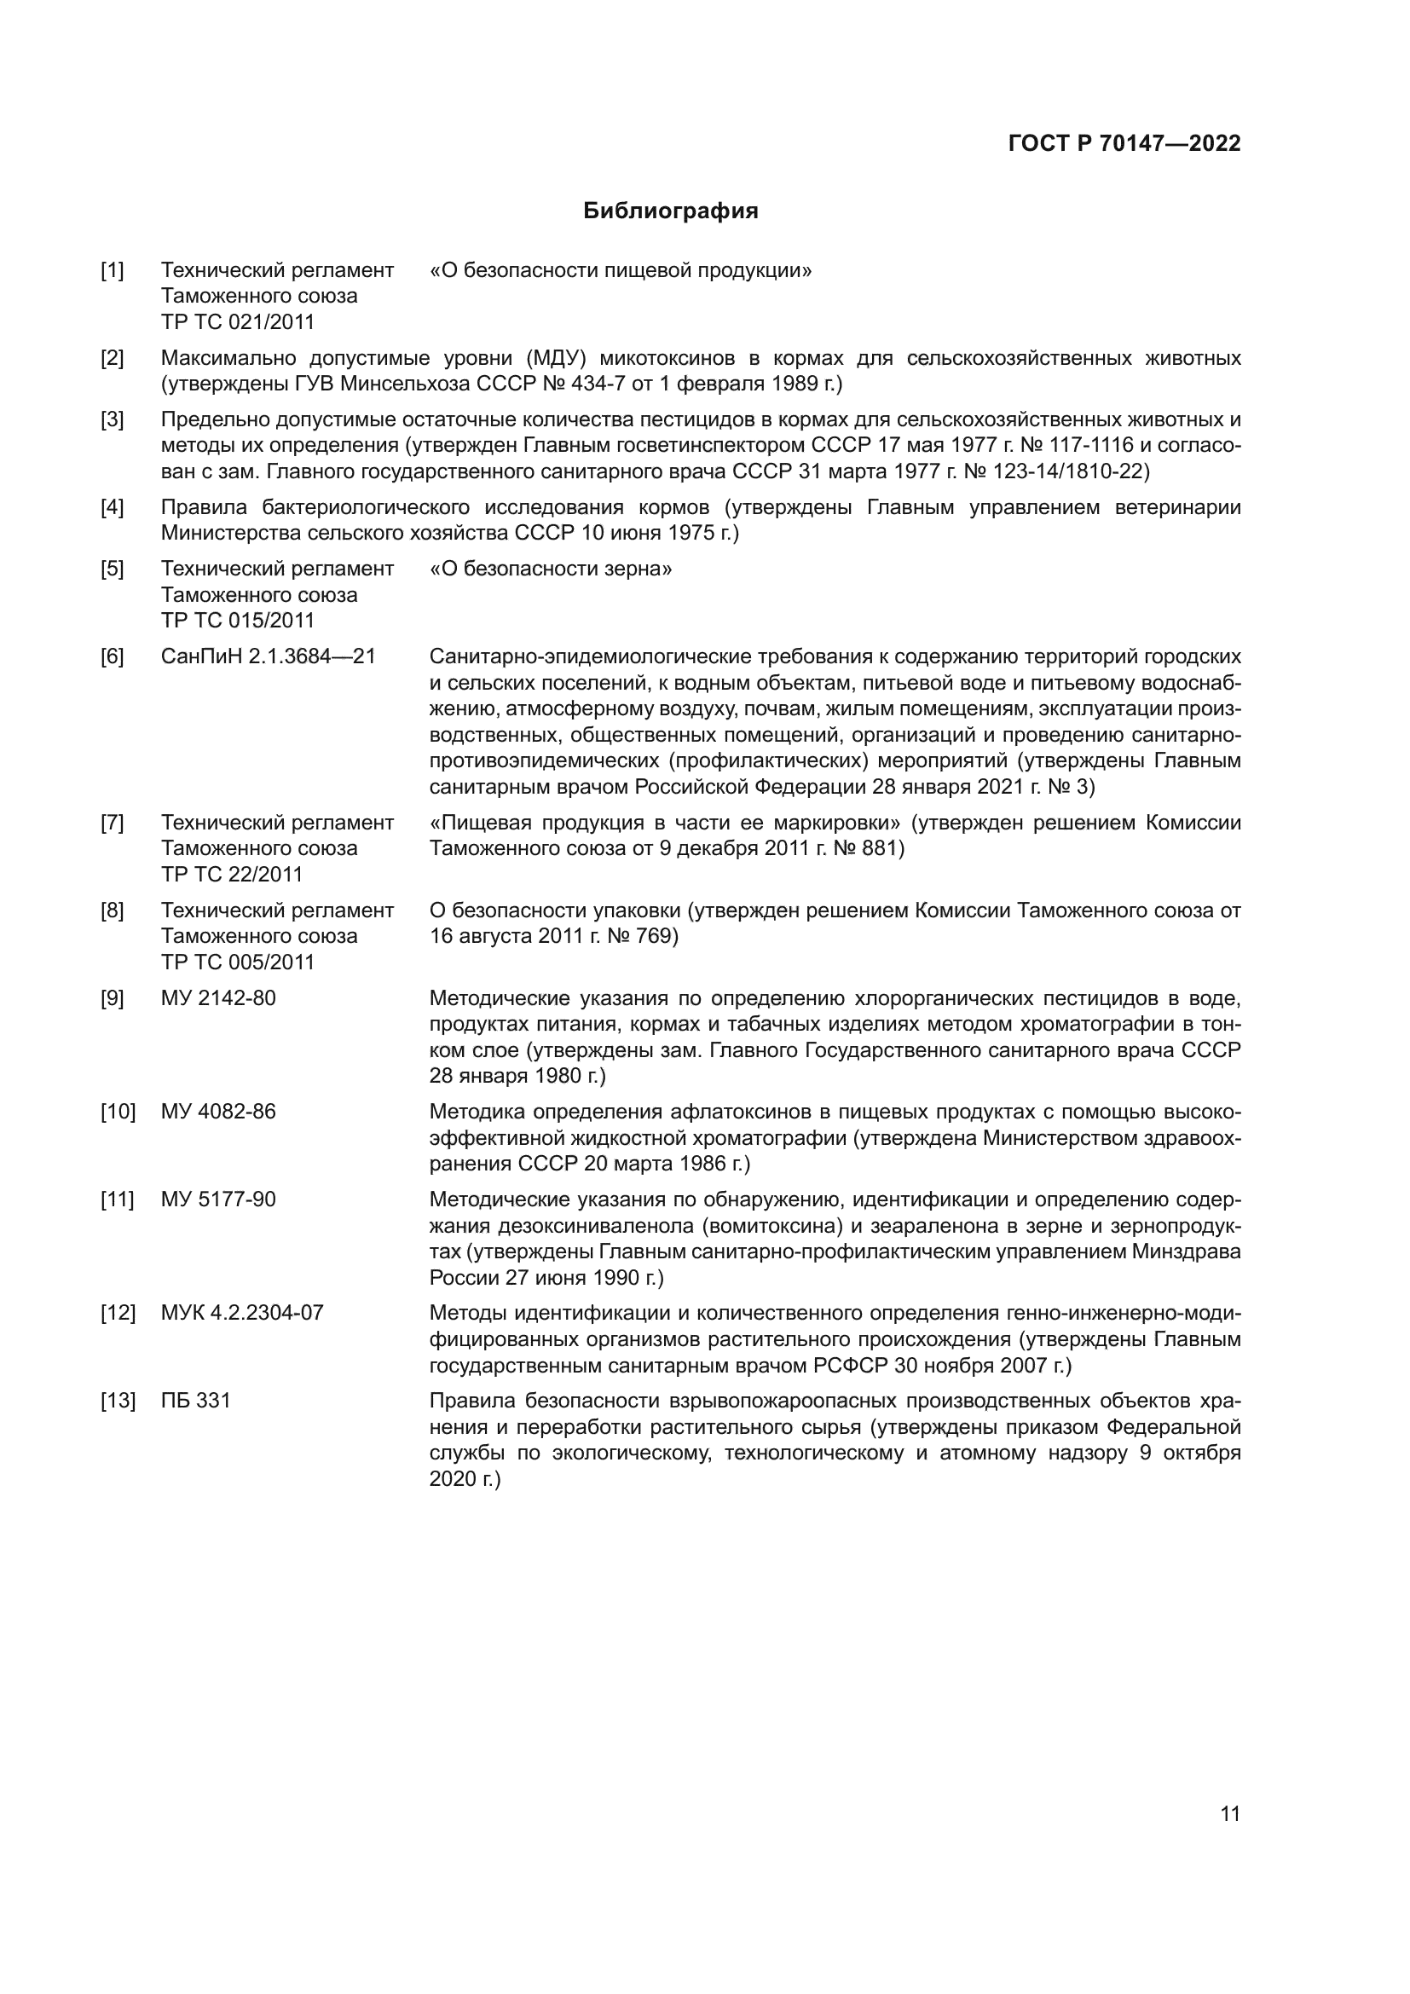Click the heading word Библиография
pyautogui.click(x=670, y=211)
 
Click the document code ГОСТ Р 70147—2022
pyautogui.click(x=1124, y=143)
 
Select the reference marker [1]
pyautogui.click(x=112, y=271)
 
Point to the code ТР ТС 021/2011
pyautogui.click(x=237, y=322)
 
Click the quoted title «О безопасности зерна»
pyautogui.click(x=551, y=569)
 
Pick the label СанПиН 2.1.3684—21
pyautogui.click(x=269, y=656)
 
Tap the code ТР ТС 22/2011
pyautogui.click(x=231, y=874)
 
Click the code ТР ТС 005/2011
pyautogui.click(x=237, y=962)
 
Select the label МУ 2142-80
pyautogui.click(x=218, y=999)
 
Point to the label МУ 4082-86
pyautogui.click(x=218, y=1112)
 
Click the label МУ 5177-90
pyautogui.click(x=218, y=1199)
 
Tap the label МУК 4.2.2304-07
pyautogui.click(x=242, y=1312)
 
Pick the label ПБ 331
pyautogui.click(x=195, y=1400)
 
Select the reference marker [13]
pyautogui.click(x=117, y=1400)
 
